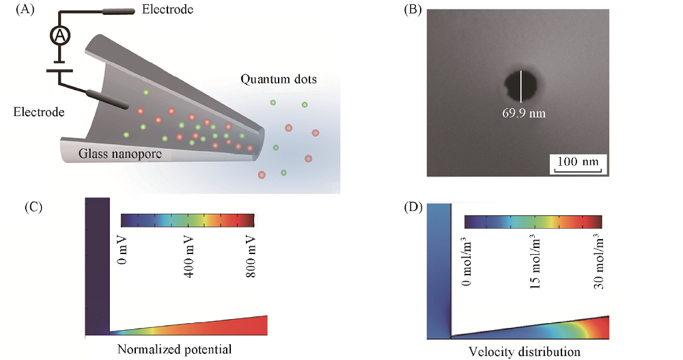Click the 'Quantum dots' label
(x=278, y=79)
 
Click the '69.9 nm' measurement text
(x=523, y=113)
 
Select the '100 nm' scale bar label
(x=576, y=163)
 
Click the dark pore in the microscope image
(x=520, y=87)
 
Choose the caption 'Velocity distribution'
(x=525, y=351)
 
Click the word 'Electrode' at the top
(x=168, y=10)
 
